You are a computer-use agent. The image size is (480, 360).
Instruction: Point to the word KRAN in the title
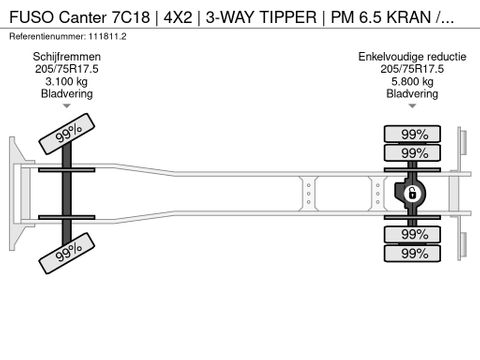420,15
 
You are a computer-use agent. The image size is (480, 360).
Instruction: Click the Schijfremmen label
66,57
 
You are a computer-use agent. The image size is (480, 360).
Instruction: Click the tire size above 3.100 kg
66,69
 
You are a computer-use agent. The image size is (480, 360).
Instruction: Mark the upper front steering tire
66,132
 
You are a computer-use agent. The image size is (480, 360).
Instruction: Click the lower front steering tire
66,252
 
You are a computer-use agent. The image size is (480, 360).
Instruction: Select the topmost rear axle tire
414,134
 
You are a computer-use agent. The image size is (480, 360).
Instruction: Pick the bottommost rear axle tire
414,253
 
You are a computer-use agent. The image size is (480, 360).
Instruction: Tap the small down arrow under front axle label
66,105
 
